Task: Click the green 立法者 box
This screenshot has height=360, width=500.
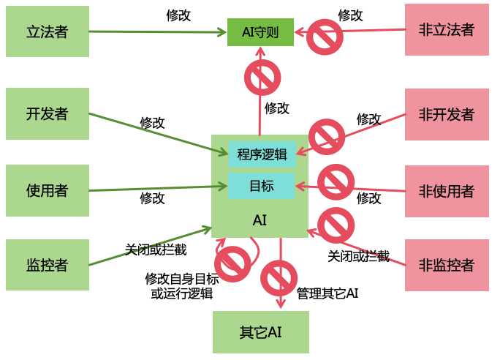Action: tap(48, 31)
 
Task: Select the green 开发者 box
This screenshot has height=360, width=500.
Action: tap(48, 114)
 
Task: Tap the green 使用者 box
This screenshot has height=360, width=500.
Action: tap(48, 191)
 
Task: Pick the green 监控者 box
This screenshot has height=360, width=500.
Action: tap(48, 265)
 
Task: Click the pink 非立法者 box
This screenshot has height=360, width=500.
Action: tap(447, 30)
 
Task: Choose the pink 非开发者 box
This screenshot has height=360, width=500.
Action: tap(447, 114)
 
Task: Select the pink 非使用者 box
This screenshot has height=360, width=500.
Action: tap(447, 191)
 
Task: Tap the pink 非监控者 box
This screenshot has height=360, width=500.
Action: tap(447, 265)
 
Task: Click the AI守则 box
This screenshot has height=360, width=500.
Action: tap(260, 32)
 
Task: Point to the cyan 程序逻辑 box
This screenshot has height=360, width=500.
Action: tap(262, 154)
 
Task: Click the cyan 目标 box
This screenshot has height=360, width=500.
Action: tap(262, 186)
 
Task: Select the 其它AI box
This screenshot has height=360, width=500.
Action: tap(261, 332)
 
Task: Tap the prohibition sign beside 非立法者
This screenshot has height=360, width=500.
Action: tap(325, 36)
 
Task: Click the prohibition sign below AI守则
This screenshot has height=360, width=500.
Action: tap(262, 76)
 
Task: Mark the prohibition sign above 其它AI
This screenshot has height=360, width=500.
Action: tap(279, 279)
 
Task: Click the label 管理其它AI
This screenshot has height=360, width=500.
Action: tap(327, 293)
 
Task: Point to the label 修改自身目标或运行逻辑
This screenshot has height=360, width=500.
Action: tap(181, 286)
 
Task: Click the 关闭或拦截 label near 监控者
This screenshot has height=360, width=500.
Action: tap(156, 250)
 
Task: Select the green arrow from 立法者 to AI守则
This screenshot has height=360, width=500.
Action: tap(157, 32)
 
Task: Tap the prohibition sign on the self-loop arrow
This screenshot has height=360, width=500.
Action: tap(233, 264)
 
